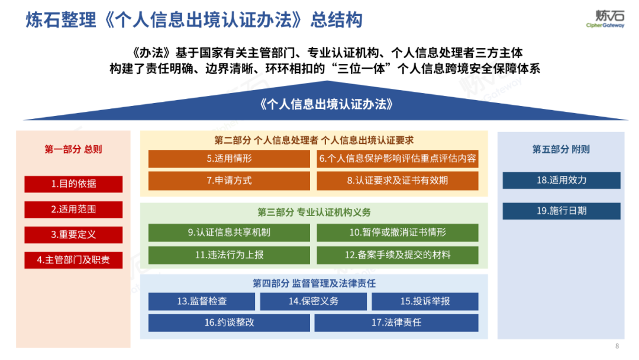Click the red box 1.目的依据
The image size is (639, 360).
pos(73,184)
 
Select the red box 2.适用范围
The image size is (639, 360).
pos(73,210)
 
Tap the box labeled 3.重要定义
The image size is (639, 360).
pos(73,235)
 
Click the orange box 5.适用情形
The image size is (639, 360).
pos(229,159)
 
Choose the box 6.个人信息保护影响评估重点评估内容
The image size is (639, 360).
pos(398,159)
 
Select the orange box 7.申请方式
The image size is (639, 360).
pos(229,181)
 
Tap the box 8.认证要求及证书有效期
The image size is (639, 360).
pos(398,181)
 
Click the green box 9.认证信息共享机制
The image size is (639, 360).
pos(229,233)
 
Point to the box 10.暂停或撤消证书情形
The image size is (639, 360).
pos(398,233)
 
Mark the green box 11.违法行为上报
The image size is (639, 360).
pos(229,255)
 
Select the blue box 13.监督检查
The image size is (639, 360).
pos(201,301)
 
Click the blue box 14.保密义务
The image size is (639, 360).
pos(313,301)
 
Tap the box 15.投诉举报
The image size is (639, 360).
pos(425,301)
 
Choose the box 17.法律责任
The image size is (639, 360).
pos(396,323)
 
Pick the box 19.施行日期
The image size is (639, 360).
pos(561,211)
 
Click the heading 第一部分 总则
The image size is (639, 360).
pos(73,149)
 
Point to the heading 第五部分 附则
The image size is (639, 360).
pos(561,149)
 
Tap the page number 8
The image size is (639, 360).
pos(617,346)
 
